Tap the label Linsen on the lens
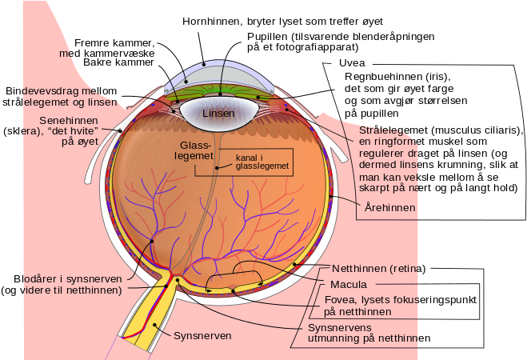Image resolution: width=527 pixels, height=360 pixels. [x=218, y=114]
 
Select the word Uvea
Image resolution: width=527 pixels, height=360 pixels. [x=352, y=63]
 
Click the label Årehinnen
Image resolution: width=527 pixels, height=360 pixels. [x=390, y=207]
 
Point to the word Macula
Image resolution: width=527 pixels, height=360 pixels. [x=349, y=284]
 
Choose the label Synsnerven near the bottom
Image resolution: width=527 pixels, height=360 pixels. [x=202, y=335]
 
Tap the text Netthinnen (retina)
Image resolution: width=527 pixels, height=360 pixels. [x=379, y=269]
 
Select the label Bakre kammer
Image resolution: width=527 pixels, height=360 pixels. [x=118, y=62]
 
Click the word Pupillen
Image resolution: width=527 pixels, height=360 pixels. [x=268, y=36]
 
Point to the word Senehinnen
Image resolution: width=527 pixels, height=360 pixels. [x=64, y=120]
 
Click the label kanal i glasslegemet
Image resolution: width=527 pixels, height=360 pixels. [x=262, y=162]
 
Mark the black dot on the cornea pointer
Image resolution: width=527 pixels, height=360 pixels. [x=204, y=63]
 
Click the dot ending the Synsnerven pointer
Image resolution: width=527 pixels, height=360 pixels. [x=155, y=325]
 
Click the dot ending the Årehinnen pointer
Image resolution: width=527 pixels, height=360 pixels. [x=331, y=196]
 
